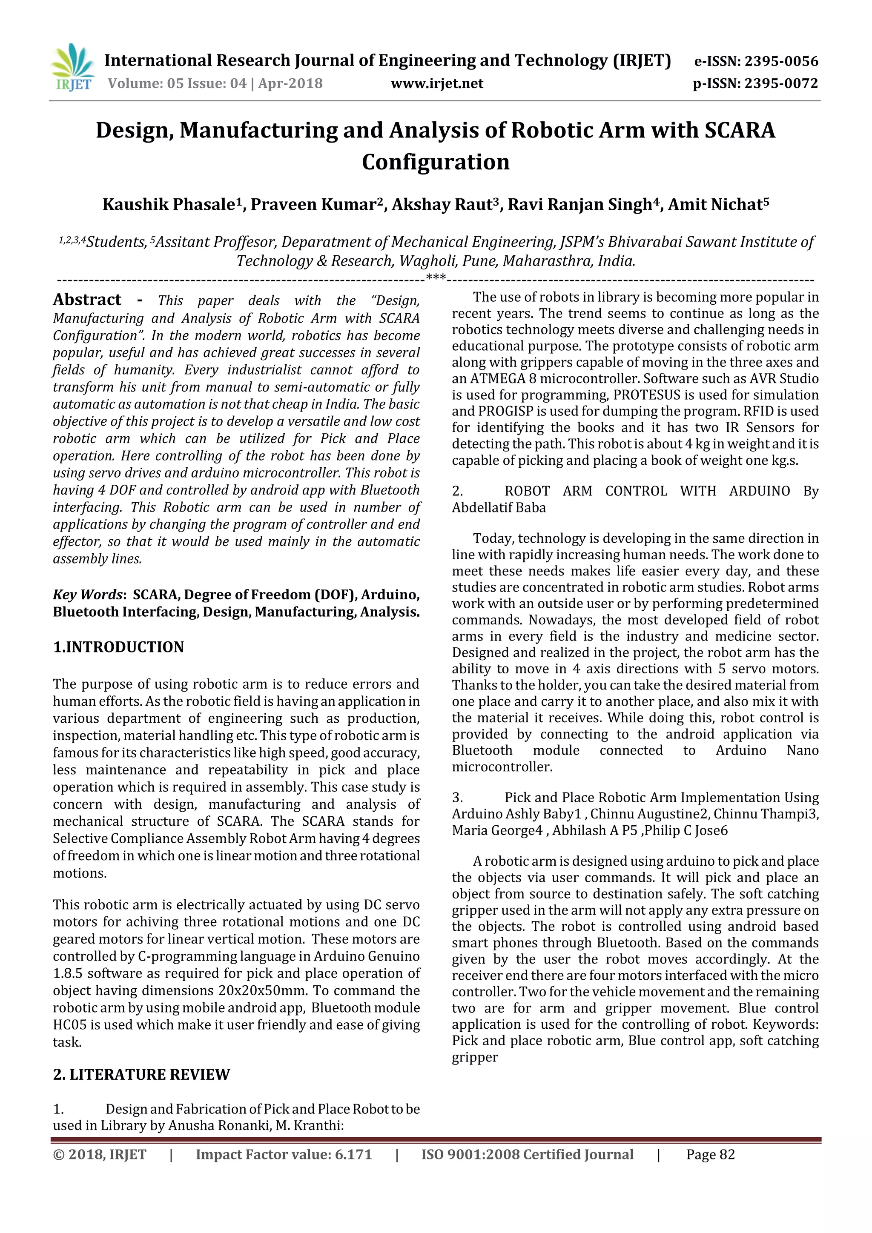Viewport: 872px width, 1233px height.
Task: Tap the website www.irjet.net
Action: [x=437, y=84]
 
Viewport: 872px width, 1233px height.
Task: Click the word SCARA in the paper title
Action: [x=740, y=131]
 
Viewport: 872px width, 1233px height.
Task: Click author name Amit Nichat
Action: [x=714, y=205]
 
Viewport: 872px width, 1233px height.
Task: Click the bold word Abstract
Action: [x=87, y=300]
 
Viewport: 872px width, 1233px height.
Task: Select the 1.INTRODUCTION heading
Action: [x=118, y=647]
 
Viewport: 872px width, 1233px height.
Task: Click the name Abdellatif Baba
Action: [x=499, y=507]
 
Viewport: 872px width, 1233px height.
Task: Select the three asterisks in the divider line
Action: [x=435, y=277]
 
